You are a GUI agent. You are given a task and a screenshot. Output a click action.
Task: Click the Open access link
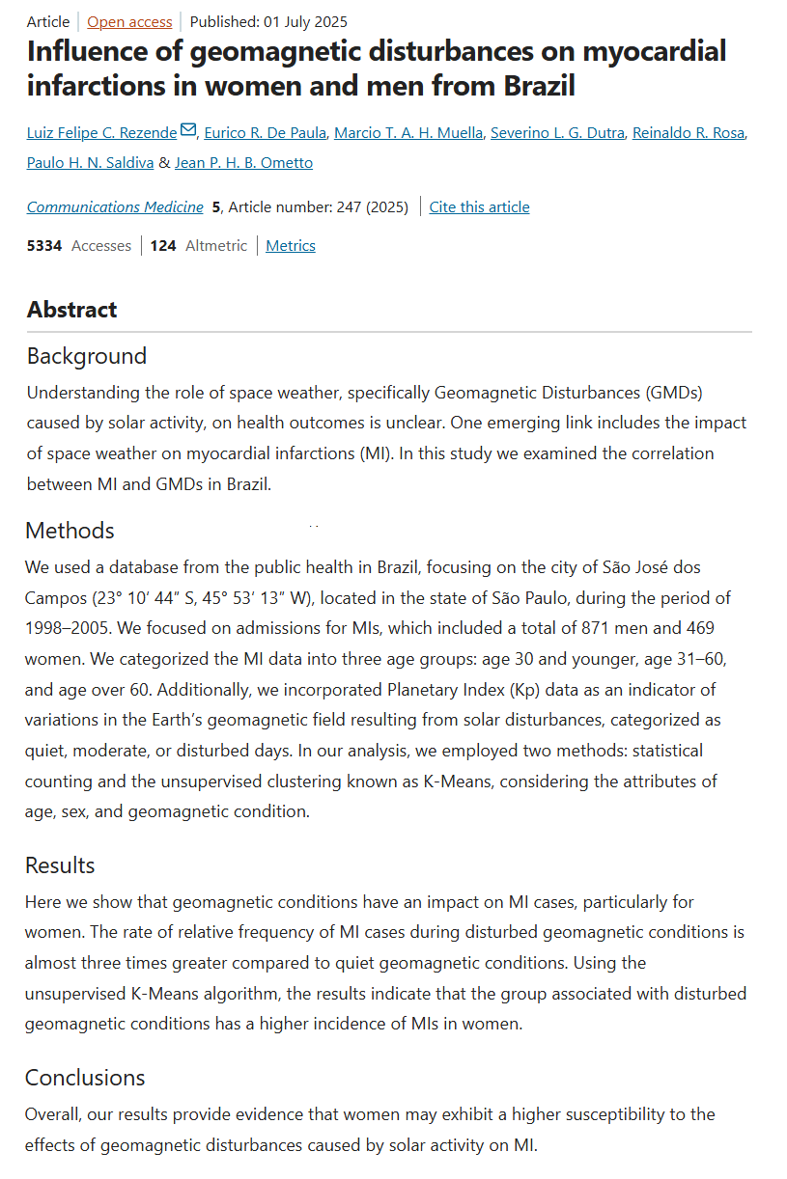point(129,21)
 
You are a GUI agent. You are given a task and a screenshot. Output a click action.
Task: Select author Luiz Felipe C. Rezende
point(102,132)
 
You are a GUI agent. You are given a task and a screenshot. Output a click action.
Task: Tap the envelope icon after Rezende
point(188,130)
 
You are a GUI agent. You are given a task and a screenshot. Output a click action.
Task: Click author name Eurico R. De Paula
point(266,132)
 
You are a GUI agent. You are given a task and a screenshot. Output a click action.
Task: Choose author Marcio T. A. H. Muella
point(408,132)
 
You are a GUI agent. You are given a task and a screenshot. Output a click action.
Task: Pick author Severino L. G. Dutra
point(557,132)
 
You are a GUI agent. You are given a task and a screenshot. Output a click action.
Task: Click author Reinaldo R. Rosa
point(689,132)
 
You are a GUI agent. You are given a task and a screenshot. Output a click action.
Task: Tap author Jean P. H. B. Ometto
point(243,162)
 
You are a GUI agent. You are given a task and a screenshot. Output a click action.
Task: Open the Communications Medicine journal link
point(115,206)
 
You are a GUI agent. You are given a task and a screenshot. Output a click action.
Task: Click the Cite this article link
point(479,206)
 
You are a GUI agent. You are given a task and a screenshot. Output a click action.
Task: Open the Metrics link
point(291,245)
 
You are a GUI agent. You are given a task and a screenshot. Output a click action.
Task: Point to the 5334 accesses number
point(44,245)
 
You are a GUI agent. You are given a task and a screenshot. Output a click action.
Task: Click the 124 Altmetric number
point(163,245)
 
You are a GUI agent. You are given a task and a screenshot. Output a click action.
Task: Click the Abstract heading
point(71,309)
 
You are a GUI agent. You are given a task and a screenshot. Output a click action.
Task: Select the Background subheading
point(87,356)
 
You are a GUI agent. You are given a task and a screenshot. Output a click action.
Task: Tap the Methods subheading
point(70,530)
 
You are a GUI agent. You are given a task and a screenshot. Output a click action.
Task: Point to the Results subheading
point(60,864)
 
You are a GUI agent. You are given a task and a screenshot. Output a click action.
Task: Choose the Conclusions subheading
point(85,1077)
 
